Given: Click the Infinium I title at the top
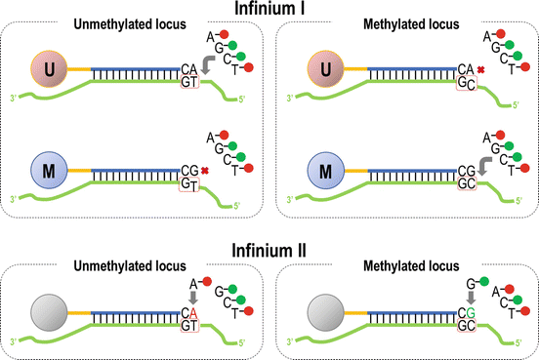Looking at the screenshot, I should [x=270, y=9].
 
